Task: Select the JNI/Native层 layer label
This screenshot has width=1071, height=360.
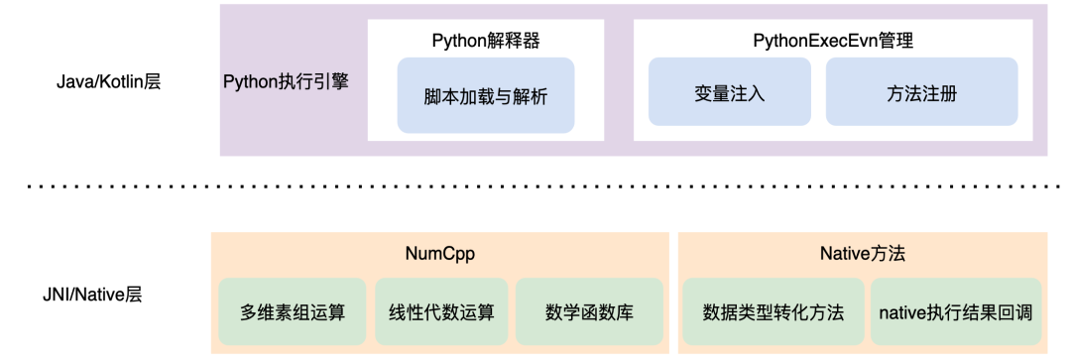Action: [93, 296]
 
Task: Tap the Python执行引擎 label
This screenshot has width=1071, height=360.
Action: [287, 82]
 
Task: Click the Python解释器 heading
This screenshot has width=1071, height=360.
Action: [486, 41]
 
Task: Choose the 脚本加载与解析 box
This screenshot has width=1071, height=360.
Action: [486, 95]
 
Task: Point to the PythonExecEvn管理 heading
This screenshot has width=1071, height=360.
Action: [833, 41]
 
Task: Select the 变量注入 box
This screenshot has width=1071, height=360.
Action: [730, 91]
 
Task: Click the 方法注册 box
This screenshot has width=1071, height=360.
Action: [921, 91]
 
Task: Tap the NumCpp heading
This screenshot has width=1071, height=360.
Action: [440, 254]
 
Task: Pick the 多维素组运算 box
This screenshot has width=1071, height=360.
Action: [293, 311]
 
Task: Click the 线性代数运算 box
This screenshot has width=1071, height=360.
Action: [441, 311]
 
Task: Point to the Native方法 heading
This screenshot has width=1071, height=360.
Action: [863, 254]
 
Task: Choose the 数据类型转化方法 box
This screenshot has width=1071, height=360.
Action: [773, 311]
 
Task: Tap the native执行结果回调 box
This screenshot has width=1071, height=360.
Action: [956, 311]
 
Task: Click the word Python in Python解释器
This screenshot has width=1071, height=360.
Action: [459, 41]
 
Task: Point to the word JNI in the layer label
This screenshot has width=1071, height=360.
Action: [55, 296]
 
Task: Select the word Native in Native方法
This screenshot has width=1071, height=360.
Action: [845, 254]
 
